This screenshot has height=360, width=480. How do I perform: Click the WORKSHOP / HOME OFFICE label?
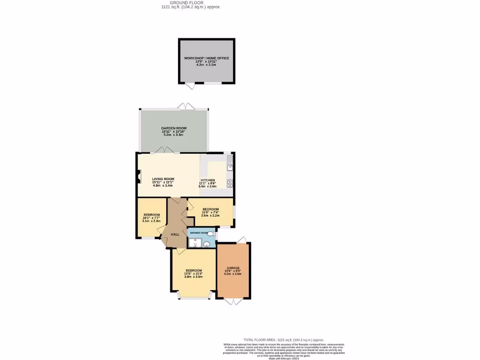click(206, 58)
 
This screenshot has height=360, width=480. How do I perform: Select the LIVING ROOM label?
click(163, 179)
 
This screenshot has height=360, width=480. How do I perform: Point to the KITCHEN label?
click(208, 180)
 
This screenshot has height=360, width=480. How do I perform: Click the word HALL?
click(175, 234)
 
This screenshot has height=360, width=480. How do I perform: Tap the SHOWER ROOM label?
click(198, 232)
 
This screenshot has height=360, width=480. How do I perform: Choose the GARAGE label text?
click(233, 268)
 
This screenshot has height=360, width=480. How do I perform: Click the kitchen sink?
click(230, 165)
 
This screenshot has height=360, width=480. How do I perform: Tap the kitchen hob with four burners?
click(230, 183)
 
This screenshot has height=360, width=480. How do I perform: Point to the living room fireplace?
click(139, 178)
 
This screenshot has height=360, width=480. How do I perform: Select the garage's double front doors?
click(233, 301)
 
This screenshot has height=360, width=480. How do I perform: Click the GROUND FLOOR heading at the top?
click(189, 3)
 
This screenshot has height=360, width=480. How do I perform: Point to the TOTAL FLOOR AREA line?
click(284, 340)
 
